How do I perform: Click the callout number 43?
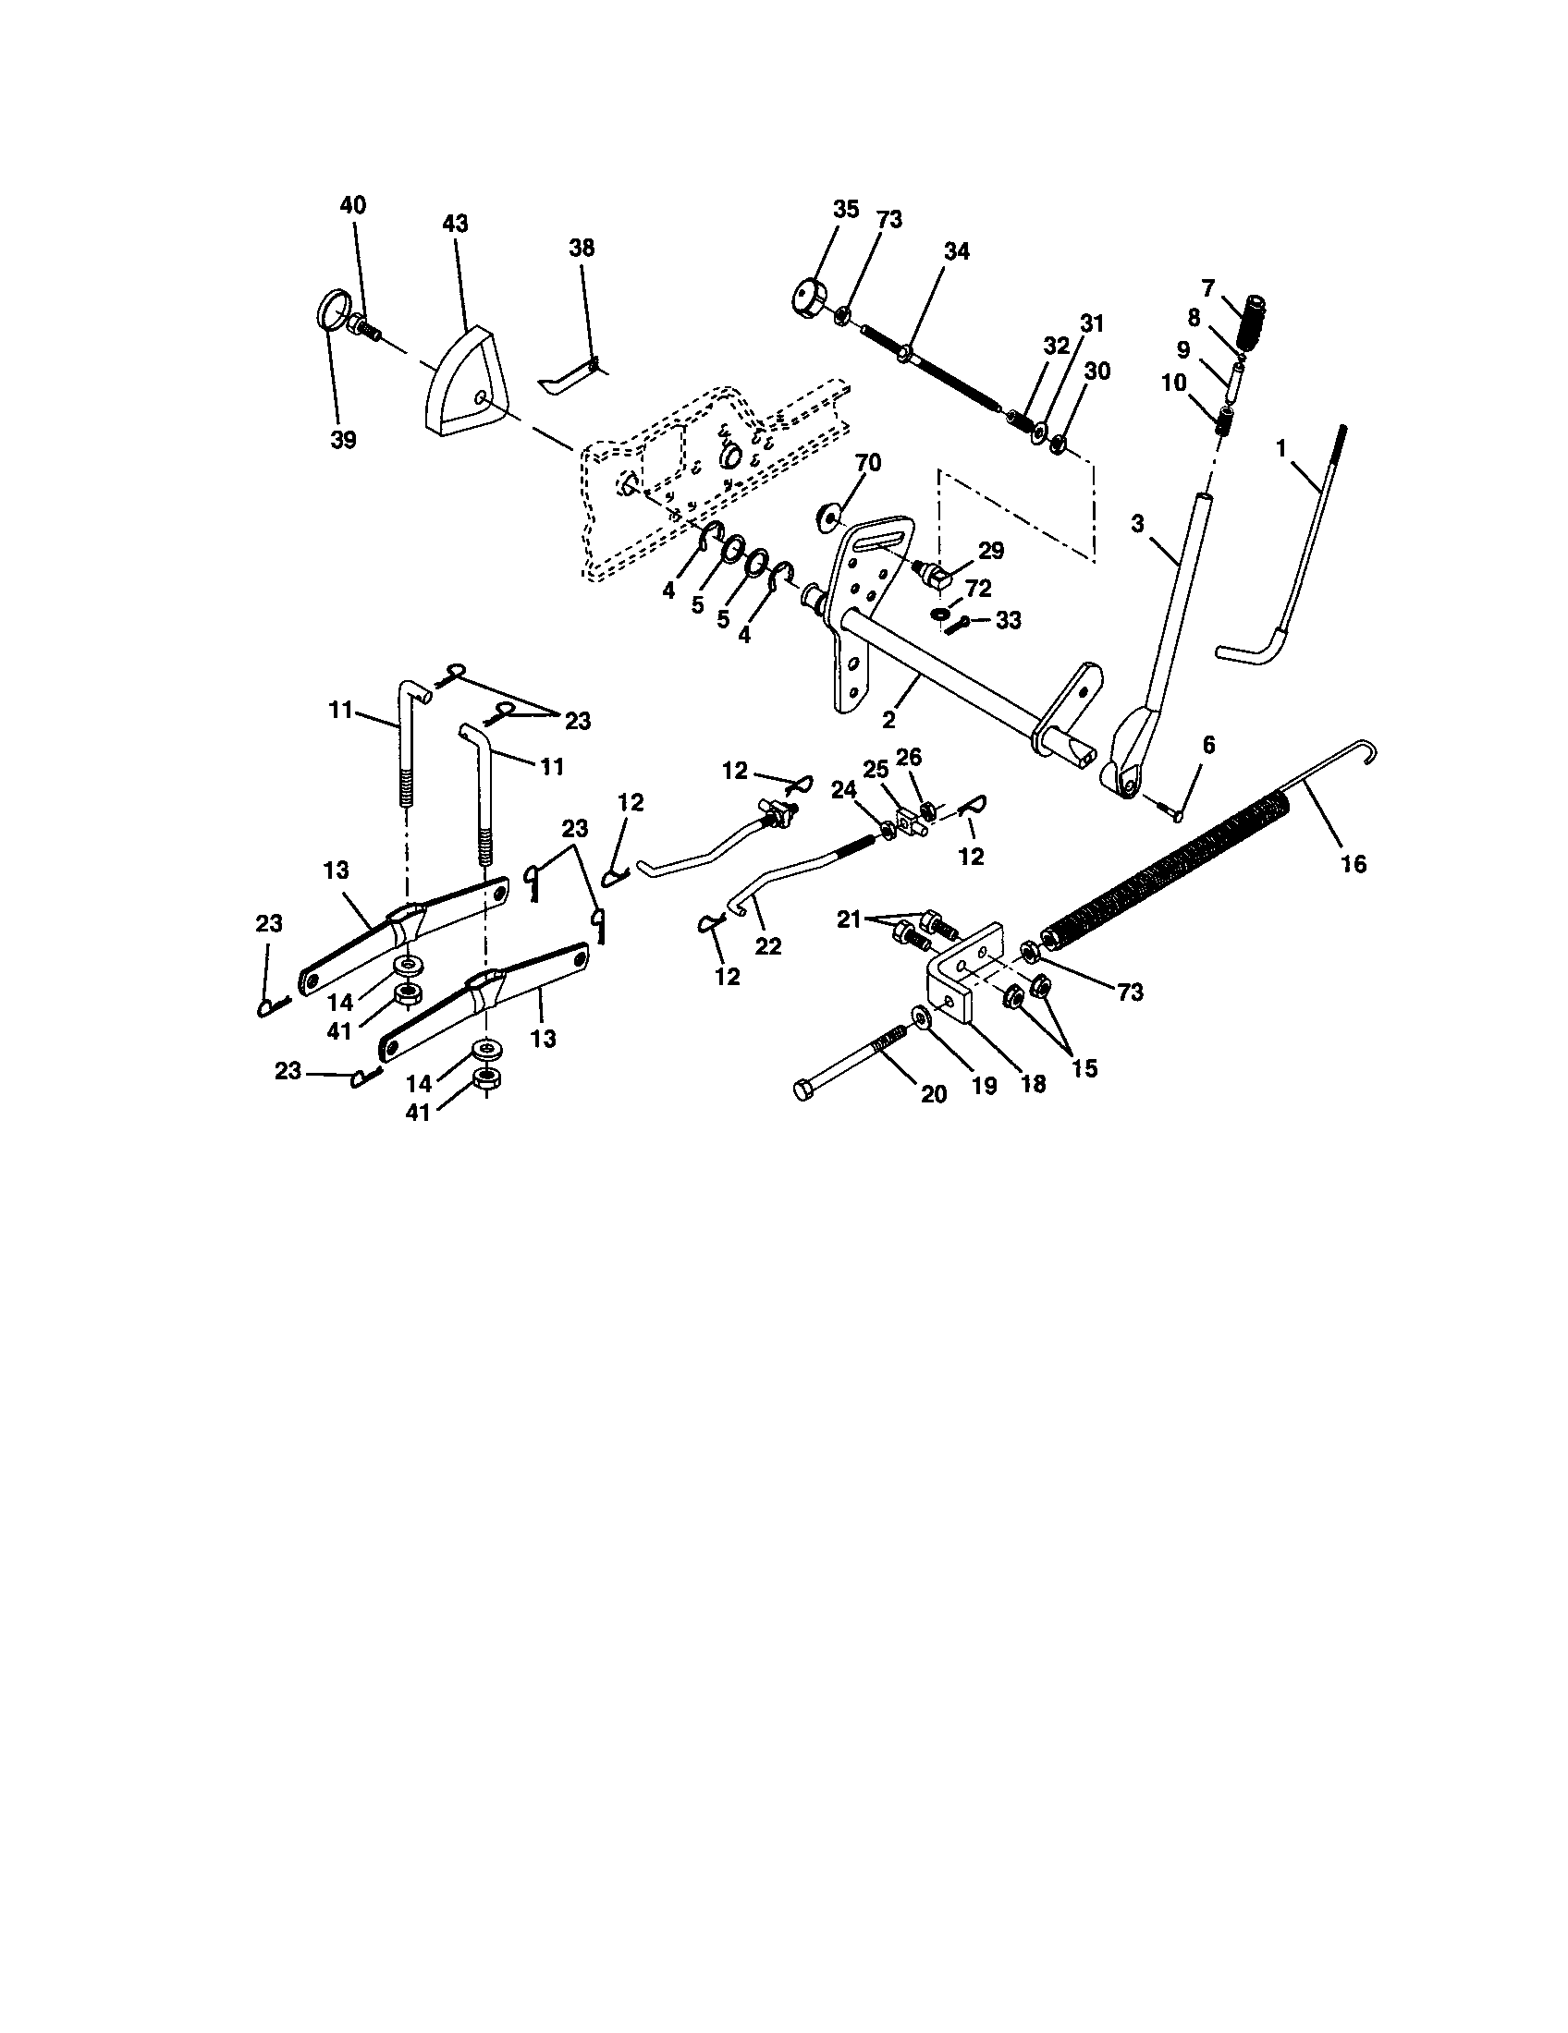point(455,225)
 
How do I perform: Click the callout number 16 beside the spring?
point(1353,864)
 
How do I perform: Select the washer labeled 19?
point(922,1015)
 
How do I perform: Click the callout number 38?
point(582,249)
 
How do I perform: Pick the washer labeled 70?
point(827,517)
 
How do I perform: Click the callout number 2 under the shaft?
point(889,720)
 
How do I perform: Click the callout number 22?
point(768,945)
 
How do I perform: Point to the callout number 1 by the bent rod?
point(1281,449)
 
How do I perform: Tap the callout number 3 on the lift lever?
point(1138,523)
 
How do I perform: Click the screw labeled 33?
point(959,624)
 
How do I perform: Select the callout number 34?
point(956,251)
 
